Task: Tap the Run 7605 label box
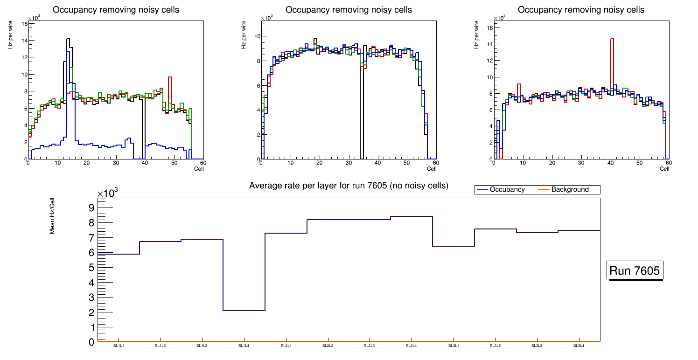635,271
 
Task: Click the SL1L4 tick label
244,346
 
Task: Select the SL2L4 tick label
411,346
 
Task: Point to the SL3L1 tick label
453,346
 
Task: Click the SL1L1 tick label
119,346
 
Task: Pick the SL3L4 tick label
579,346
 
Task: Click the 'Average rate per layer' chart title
349,186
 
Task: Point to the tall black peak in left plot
68,40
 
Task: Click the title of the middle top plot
349,10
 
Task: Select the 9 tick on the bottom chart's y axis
91,208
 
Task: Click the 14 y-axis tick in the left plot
24,41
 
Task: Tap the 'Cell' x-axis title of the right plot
664,169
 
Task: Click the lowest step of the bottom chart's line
244,311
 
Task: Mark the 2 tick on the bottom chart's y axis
91,312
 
